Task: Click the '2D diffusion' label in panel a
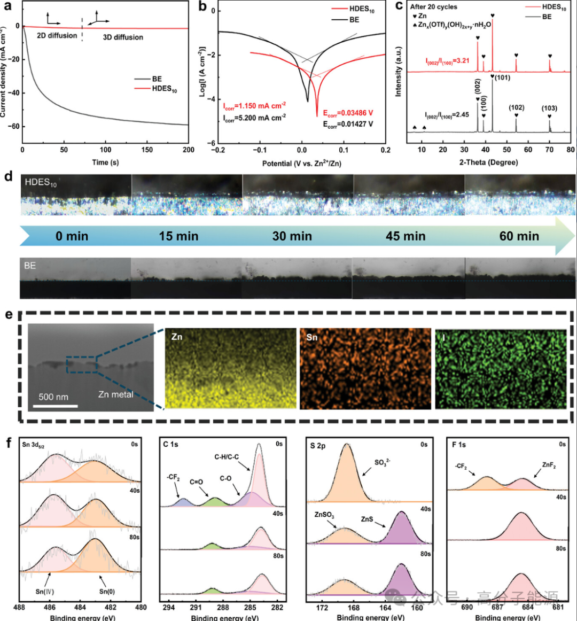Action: [57, 36]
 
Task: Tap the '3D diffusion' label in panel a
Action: [123, 37]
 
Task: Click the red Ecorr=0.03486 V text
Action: [348, 113]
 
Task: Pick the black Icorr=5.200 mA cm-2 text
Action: [254, 117]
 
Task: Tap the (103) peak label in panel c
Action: [549, 108]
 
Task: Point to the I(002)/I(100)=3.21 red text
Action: [448, 60]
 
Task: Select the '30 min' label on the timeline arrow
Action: [292, 236]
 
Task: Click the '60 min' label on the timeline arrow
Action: [519, 236]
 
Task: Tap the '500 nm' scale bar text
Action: [53, 397]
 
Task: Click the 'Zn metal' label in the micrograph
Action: [115, 394]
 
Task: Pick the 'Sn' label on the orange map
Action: [312, 338]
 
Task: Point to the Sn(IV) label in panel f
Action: [45, 592]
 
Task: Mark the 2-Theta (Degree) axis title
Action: [488, 162]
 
